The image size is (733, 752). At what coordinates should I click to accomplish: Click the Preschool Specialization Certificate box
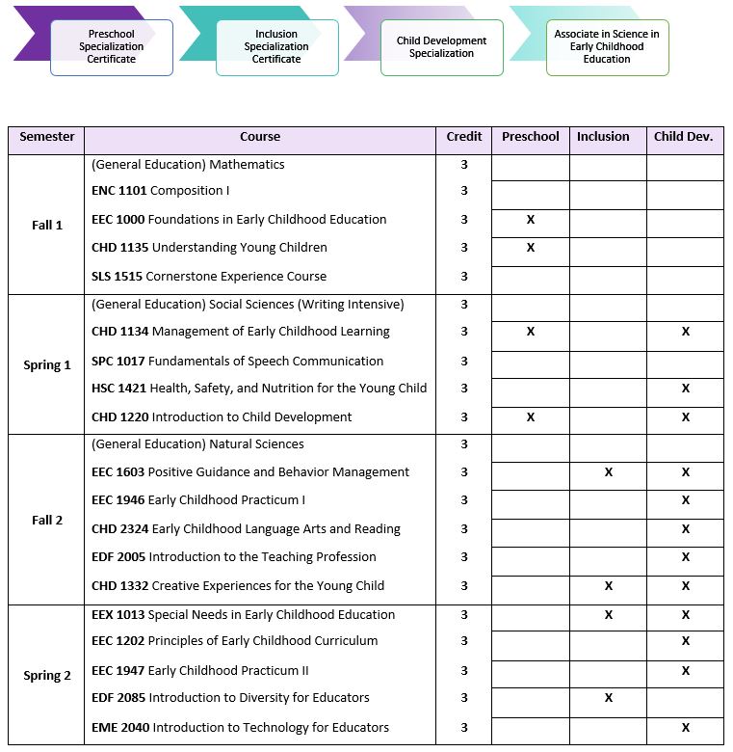click(x=112, y=47)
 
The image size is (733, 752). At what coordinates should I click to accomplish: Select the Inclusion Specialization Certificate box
click(x=277, y=47)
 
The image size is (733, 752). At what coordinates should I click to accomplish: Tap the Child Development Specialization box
click(x=442, y=47)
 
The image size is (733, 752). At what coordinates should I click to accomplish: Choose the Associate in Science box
click(x=607, y=47)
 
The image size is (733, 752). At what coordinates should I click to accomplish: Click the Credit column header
click(x=464, y=137)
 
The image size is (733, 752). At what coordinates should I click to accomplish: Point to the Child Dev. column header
click(x=683, y=137)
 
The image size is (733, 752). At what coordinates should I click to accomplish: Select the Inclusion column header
click(x=603, y=137)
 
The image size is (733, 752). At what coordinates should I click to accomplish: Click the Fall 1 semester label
click(x=47, y=226)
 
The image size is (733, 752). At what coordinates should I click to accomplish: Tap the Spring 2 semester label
click(x=47, y=676)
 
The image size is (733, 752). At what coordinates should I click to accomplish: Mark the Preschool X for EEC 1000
click(x=531, y=220)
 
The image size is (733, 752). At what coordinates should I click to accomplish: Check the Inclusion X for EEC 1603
click(x=609, y=472)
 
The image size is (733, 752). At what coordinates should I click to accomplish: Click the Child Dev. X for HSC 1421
click(x=686, y=389)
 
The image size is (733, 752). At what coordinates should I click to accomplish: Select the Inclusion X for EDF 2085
click(x=609, y=698)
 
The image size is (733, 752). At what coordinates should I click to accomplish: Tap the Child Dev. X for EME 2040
click(x=686, y=728)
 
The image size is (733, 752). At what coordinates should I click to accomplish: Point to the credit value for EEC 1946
click(x=464, y=500)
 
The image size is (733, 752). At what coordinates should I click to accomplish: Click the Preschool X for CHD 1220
click(x=531, y=417)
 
